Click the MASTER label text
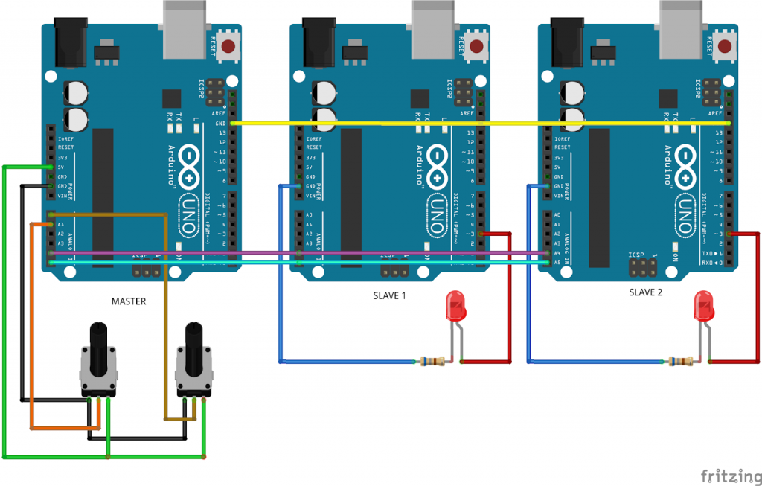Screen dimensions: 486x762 (x=129, y=301)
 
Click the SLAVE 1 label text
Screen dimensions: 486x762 (x=389, y=295)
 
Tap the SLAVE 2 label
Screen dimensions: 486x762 (x=644, y=292)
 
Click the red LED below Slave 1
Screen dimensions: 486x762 (x=455, y=307)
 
